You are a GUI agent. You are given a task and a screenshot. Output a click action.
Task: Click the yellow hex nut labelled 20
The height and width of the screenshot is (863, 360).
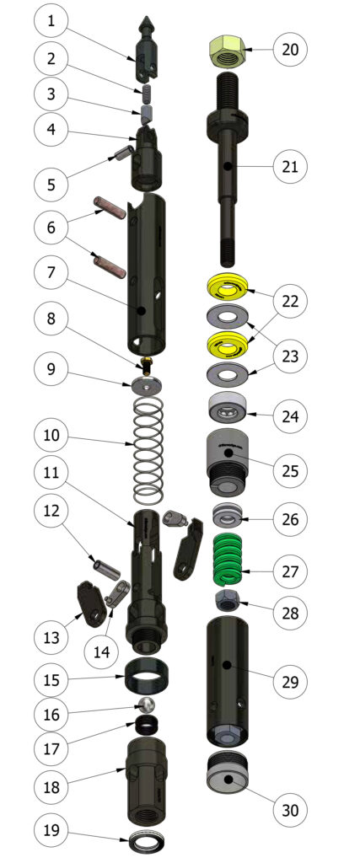click(x=228, y=51)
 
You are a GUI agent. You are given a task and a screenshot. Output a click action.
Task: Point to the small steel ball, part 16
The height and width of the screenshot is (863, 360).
click(x=148, y=704)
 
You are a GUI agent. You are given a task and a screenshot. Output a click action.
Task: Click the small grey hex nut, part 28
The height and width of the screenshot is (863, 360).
click(x=228, y=603)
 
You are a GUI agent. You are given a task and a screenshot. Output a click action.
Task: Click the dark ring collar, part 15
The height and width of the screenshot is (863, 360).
click(x=148, y=673)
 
